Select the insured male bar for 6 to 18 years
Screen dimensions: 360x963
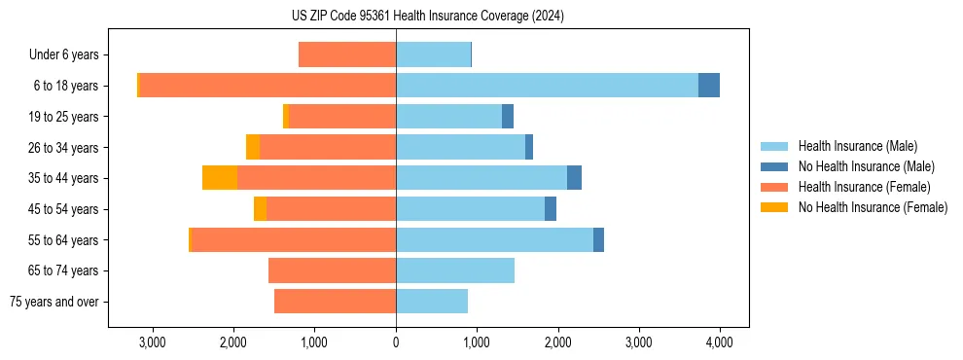tap(547, 86)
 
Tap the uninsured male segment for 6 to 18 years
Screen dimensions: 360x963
tap(709, 86)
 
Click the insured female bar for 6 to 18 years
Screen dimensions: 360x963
tap(267, 86)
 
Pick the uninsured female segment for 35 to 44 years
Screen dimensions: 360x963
tap(220, 178)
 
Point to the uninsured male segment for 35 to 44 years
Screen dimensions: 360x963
tap(574, 178)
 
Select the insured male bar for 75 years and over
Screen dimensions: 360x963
tap(432, 302)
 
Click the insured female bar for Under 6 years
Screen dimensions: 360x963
tap(347, 55)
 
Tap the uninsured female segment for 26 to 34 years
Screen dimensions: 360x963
tap(253, 147)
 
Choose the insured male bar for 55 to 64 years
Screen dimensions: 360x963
tap(494, 239)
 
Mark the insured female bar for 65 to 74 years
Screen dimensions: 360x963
tap(332, 270)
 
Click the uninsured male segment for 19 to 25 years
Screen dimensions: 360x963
tap(508, 117)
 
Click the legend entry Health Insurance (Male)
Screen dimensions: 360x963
tap(857, 146)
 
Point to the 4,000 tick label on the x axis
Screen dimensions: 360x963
tap(720, 342)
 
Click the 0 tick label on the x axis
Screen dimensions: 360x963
tap(396, 342)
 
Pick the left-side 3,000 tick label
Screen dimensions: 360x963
tap(153, 342)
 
